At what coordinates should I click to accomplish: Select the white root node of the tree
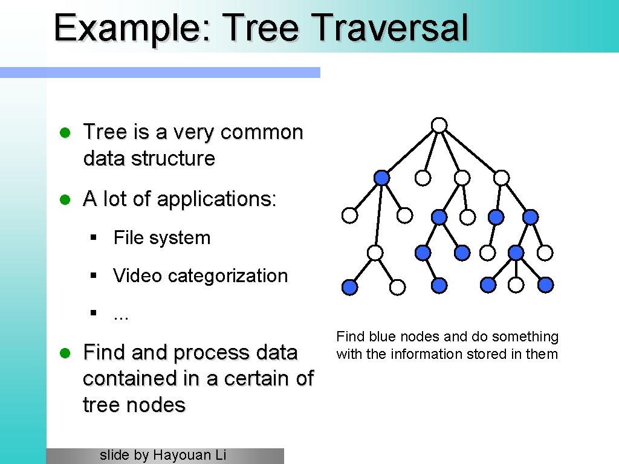click(439, 125)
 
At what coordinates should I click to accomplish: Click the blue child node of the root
click(381, 178)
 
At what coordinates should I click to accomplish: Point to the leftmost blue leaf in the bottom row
click(349, 288)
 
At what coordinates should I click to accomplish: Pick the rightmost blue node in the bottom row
click(545, 284)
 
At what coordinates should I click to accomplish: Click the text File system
click(161, 237)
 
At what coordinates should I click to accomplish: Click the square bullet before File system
click(94, 238)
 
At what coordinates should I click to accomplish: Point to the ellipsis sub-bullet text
click(122, 315)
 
